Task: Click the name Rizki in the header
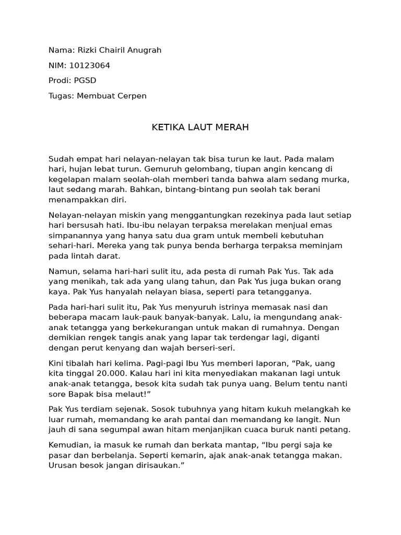88,50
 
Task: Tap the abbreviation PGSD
86,80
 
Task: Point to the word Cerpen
132,96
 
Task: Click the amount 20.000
110,374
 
